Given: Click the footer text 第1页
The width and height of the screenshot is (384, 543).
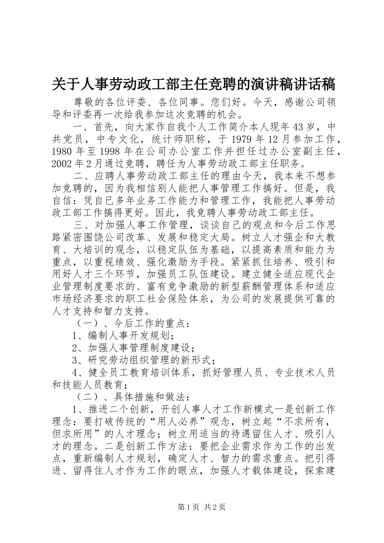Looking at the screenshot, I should pyautogui.click(x=187, y=507).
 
